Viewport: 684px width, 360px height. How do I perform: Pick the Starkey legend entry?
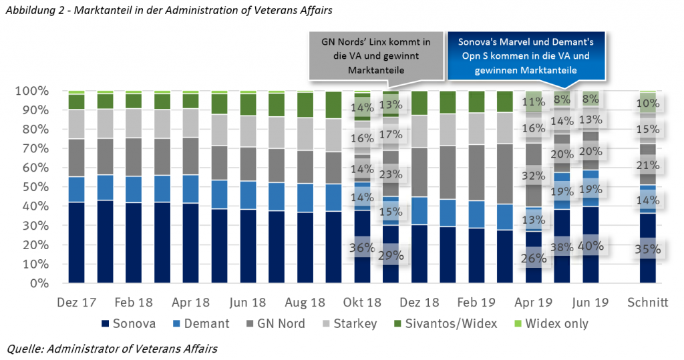point(356,324)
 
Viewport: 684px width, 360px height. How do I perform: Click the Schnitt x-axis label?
point(647,302)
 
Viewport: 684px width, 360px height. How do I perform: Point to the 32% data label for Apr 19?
point(534,176)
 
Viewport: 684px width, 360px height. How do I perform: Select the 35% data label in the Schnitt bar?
point(647,250)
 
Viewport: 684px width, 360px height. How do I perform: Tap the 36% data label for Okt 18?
point(361,247)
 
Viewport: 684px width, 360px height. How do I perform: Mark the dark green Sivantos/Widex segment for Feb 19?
point(476,102)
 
